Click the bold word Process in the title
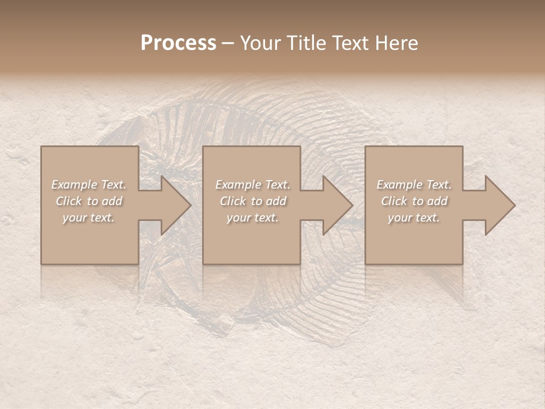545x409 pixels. [x=178, y=43]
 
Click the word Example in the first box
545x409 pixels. [x=74, y=185]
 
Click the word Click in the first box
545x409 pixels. [x=69, y=201]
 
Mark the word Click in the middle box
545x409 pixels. [x=233, y=201]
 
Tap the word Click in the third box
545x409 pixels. [x=394, y=201]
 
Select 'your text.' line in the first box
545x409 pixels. [x=89, y=218]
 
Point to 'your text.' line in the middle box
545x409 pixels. [x=253, y=218]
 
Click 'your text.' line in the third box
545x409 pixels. [x=414, y=218]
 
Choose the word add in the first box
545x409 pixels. [x=111, y=201]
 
